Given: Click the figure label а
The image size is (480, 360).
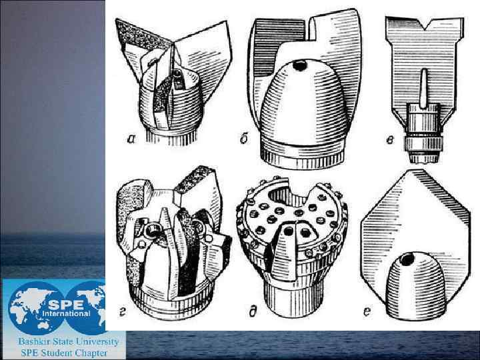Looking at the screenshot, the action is point(131,139).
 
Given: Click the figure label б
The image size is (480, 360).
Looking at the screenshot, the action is point(244,139).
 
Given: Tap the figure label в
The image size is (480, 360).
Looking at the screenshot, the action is point(390,140).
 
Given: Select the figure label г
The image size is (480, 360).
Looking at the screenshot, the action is point(122,313).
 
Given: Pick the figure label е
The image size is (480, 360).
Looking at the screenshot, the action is point(367,312).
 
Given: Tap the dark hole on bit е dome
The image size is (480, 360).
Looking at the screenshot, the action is point(407,260).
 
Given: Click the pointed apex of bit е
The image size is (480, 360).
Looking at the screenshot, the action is point(415,169).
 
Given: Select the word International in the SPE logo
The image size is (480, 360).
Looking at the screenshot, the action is point(66,314).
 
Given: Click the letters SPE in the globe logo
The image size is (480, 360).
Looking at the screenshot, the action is point(66,304).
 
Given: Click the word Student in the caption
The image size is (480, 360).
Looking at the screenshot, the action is point(56,353).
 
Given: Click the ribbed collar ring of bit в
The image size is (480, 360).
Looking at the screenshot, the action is point(423,144).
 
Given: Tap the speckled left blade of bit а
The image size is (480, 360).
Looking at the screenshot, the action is point(143,34).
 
